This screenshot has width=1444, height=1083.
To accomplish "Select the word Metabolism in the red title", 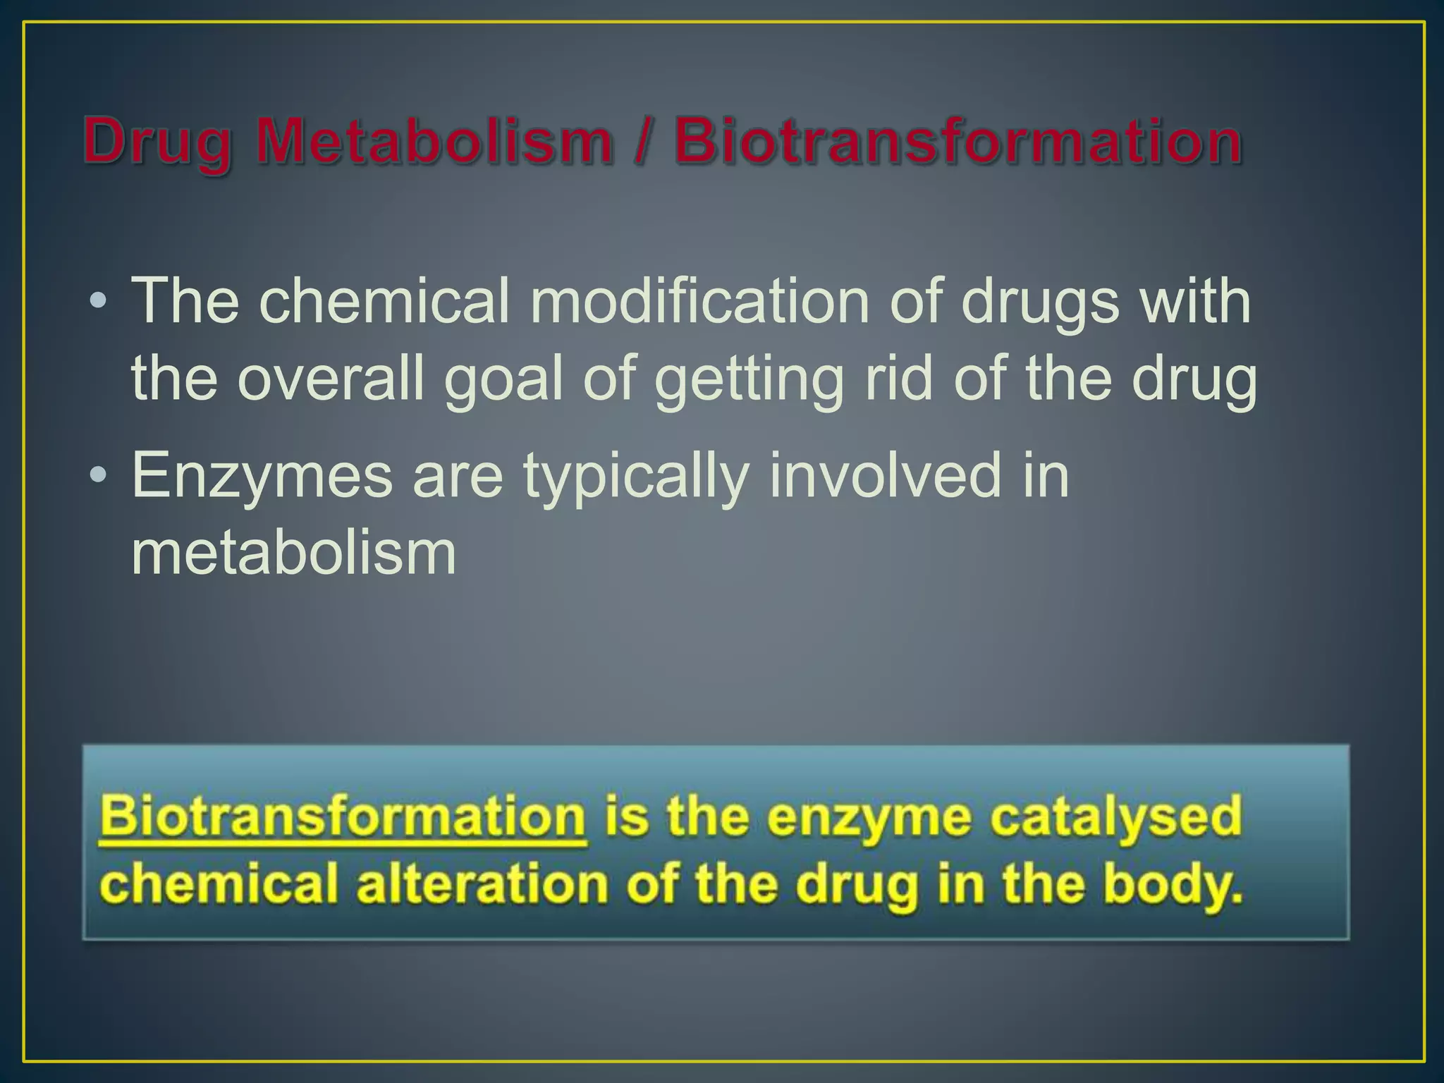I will point(434,141).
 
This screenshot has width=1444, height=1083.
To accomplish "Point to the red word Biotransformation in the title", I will point(957,141).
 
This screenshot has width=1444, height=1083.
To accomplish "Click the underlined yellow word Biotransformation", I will point(343,816).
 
